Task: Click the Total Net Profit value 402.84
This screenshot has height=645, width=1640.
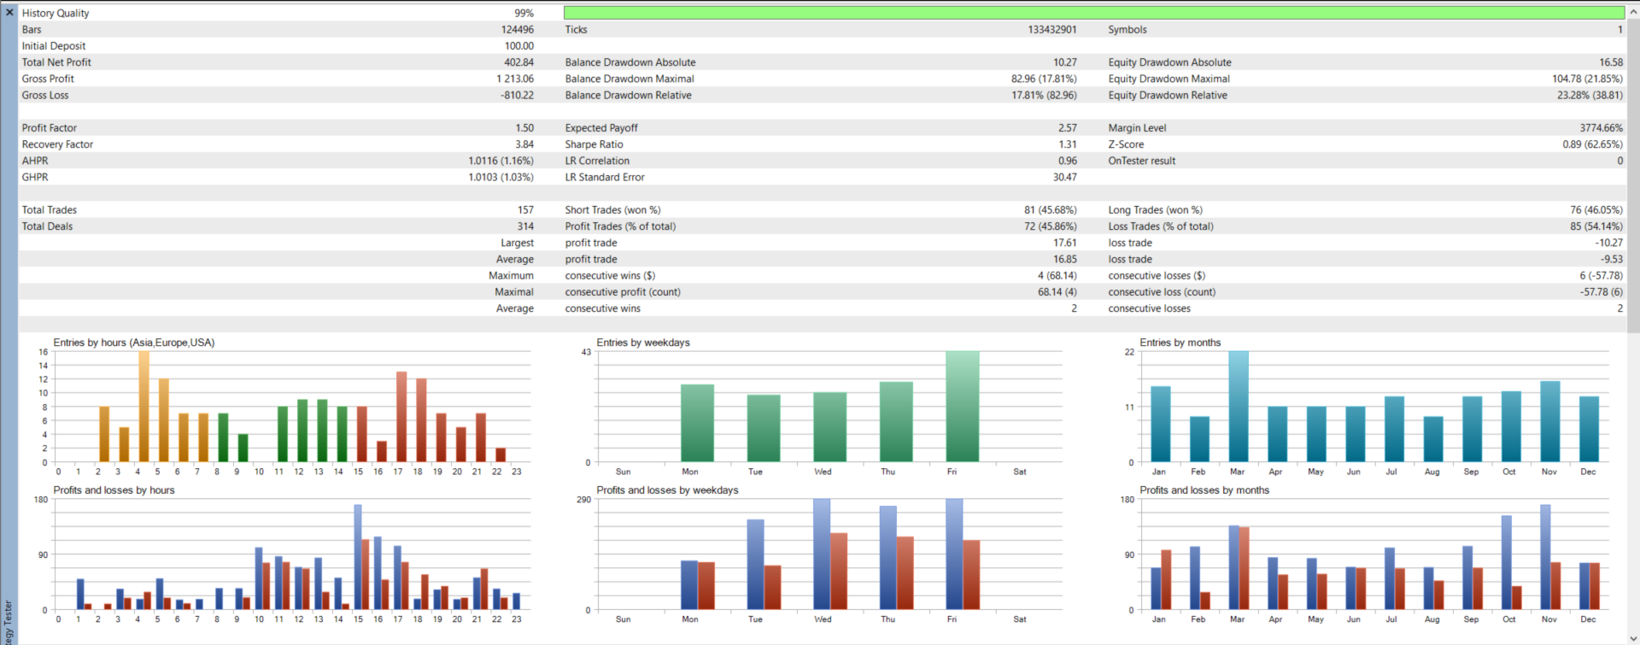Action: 518,62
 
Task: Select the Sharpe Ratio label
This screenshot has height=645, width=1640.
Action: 594,144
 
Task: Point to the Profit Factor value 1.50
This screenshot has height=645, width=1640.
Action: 524,128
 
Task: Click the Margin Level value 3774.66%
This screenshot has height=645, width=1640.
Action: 1601,128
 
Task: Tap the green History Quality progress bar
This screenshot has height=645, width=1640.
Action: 1093,13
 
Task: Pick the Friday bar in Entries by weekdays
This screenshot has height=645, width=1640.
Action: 963,407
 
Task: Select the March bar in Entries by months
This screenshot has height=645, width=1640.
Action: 1239,407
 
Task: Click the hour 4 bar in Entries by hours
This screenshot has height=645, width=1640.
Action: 143,407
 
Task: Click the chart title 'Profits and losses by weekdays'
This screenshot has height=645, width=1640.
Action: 667,490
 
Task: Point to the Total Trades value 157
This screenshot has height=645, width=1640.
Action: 525,210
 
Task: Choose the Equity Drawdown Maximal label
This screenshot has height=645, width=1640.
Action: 1168,79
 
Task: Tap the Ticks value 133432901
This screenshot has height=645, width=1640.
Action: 1051,30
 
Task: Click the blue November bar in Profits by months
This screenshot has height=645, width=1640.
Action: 1545,557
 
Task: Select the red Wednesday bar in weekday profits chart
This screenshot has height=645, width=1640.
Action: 839,571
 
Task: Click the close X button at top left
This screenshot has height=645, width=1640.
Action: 9,12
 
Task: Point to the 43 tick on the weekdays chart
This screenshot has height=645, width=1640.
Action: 586,352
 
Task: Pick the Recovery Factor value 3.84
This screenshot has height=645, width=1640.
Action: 524,144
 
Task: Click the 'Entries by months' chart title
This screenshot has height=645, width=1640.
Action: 1180,343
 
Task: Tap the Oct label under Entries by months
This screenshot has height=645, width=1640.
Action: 1509,472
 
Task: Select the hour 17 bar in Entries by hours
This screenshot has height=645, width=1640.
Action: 401,417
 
